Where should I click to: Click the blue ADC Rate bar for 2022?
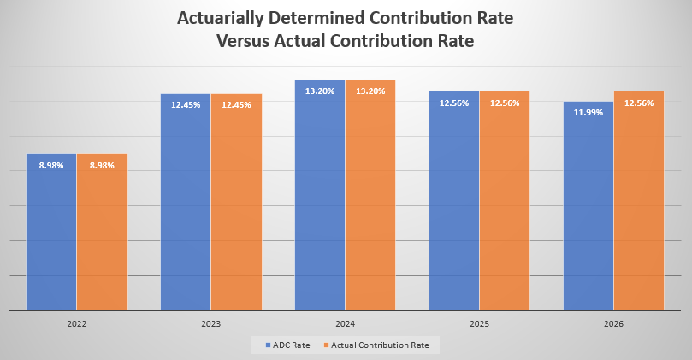coord(51,239)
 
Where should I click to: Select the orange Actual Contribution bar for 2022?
coord(102,239)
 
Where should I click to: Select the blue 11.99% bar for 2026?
coord(588,214)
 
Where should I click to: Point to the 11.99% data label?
coord(588,113)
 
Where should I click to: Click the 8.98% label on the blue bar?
coord(51,165)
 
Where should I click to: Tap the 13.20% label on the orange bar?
coord(370,91)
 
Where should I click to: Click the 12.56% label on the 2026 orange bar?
coord(639,103)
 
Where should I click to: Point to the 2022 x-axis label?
coord(77,325)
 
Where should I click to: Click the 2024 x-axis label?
coord(346,325)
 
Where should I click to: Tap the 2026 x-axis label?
coord(613,325)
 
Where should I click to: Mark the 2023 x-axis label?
coord(211,325)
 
